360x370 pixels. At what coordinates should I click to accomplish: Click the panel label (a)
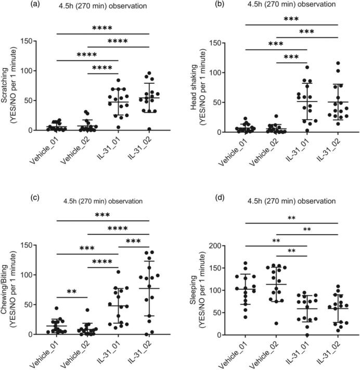pyautogui.click(x=35, y=4)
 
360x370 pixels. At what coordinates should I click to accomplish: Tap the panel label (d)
pyautogui.click(x=221, y=198)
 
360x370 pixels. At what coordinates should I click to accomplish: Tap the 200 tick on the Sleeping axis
pyautogui.click(x=215, y=246)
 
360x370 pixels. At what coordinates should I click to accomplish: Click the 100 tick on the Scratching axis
pyautogui.click(x=27, y=71)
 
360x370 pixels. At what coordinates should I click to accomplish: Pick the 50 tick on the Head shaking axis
pyautogui.click(x=218, y=103)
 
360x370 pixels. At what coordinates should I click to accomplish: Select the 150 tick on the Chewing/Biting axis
pyautogui.click(x=27, y=245)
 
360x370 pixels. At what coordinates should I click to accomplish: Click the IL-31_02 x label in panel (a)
pyautogui.click(x=139, y=148)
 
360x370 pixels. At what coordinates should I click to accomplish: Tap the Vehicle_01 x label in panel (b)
pyautogui.click(x=233, y=152)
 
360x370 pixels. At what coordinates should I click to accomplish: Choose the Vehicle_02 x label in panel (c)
pyautogui.click(x=75, y=355)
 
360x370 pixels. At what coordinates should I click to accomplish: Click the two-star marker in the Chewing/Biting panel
pyautogui.click(x=72, y=291)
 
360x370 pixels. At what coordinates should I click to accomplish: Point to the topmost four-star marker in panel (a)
pyautogui.click(x=102, y=28)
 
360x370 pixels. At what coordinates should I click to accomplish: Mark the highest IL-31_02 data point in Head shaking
pyautogui.click(x=338, y=63)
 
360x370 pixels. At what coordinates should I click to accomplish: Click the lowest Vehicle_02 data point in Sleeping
pyautogui.click(x=276, y=323)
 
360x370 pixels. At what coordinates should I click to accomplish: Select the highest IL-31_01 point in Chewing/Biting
pyautogui.click(x=118, y=272)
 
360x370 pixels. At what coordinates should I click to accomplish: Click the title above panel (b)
pyautogui.click(x=291, y=4)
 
